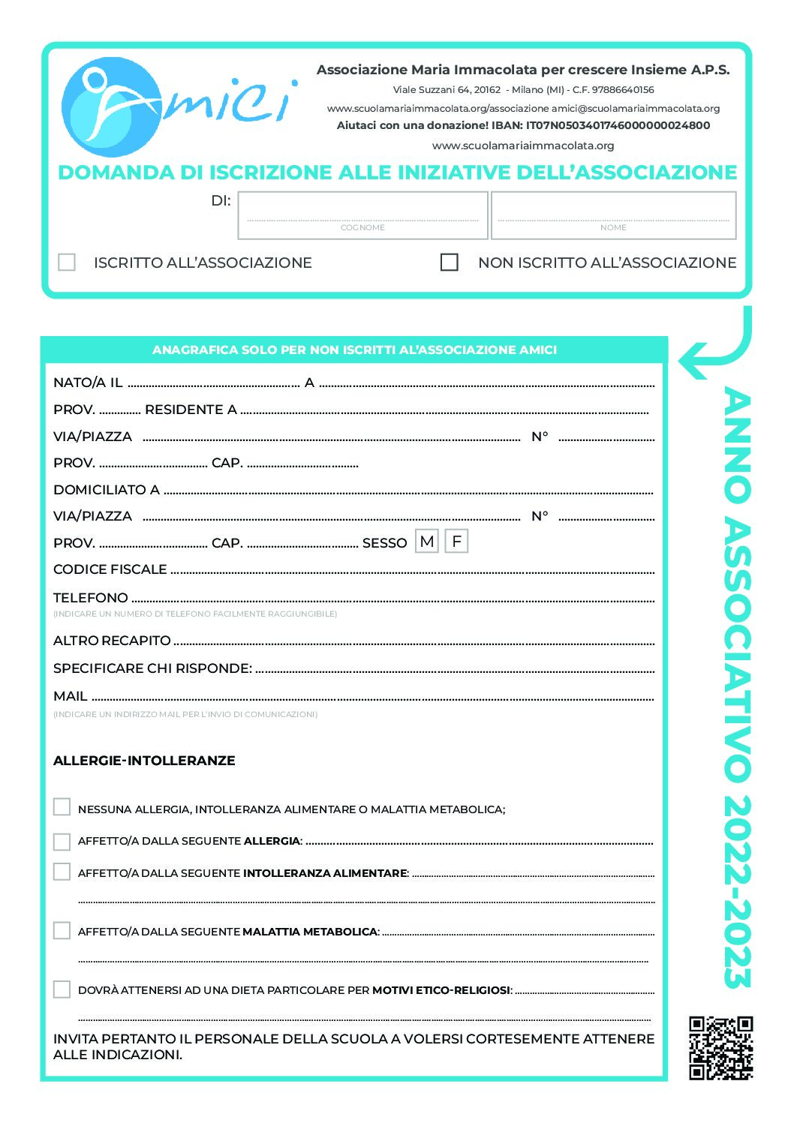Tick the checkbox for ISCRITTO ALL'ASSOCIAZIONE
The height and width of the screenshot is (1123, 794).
tap(67, 262)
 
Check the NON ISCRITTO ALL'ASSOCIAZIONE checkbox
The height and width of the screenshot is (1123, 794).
tap(449, 262)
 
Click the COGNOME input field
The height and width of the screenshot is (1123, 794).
tap(362, 211)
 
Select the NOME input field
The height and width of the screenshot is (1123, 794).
tap(613, 211)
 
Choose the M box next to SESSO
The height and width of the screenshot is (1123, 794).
tap(427, 542)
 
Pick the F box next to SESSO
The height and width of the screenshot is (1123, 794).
tap(456, 542)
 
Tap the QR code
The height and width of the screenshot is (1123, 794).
tap(720, 1047)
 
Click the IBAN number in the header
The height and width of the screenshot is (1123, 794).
tap(618, 125)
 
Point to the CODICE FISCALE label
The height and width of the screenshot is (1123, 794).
tap(110, 569)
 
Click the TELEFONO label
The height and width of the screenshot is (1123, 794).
tap(90, 598)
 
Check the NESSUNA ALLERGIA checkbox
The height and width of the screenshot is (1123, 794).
tap(62, 807)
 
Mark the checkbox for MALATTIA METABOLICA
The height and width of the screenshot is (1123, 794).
tap(62, 930)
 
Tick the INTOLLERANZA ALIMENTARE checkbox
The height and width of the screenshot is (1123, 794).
tap(62, 872)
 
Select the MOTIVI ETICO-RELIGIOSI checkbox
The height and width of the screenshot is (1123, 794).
tap(62, 989)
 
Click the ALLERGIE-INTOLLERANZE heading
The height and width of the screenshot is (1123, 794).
tap(144, 761)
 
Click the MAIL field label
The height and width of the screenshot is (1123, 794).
tap(70, 696)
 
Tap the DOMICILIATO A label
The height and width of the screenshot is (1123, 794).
tap(106, 490)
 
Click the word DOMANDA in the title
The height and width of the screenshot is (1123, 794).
tap(116, 173)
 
